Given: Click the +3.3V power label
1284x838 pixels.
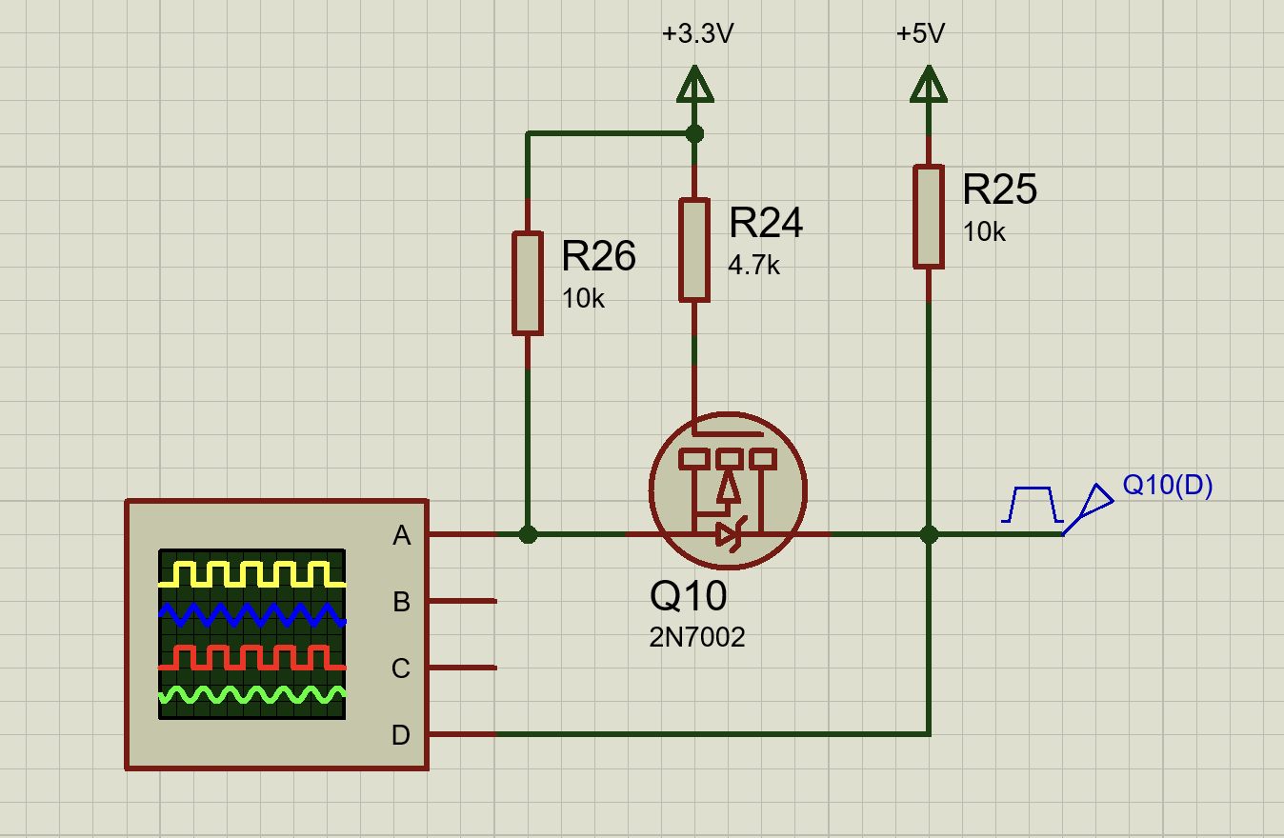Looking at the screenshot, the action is click(x=697, y=34).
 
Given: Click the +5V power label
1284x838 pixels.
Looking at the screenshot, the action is click(x=920, y=34).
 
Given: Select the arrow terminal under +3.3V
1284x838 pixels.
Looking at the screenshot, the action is click(x=694, y=84).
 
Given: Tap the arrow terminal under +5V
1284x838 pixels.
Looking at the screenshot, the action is click(x=929, y=84).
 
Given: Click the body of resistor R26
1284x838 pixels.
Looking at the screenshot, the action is click(x=528, y=283).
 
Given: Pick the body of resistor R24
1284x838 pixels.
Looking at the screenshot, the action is click(x=694, y=249).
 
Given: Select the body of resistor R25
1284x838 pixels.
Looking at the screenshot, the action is click(x=929, y=217).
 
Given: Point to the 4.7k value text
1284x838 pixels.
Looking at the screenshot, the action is click(x=753, y=266).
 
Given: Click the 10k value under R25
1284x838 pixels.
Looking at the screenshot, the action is click(x=984, y=232).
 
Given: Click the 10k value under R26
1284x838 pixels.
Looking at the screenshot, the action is click(x=583, y=299).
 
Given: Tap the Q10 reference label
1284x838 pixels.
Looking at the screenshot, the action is click(x=689, y=596).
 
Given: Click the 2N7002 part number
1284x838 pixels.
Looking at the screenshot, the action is click(x=697, y=637).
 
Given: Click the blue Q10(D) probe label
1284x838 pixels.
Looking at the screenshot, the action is click(x=1167, y=486).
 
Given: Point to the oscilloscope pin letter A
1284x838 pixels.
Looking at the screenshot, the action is click(x=402, y=535).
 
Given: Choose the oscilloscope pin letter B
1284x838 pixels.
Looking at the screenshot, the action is click(x=402, y=602).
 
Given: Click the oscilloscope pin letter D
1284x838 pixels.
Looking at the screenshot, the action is click(x=401, y=735).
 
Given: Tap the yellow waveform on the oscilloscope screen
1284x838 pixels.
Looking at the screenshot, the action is click(x=252, y=574).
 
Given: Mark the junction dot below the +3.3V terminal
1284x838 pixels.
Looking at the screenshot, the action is click(x=694, y=134).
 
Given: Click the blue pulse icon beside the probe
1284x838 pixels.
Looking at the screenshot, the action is click(x=1033, y=505).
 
